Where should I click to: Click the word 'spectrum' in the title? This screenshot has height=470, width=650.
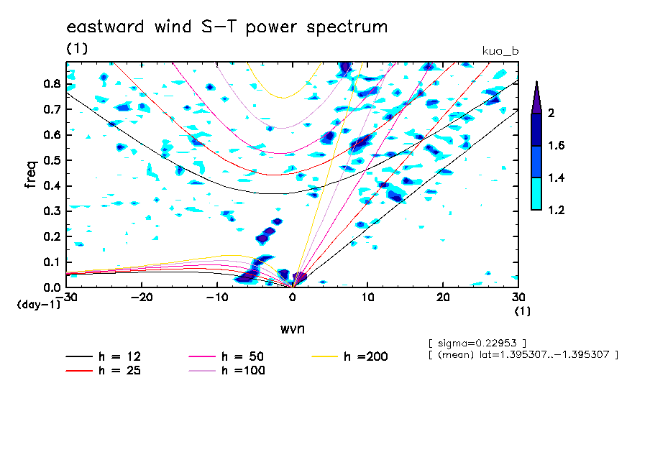coord(347,27)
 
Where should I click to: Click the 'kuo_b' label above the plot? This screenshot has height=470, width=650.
coord(500,51)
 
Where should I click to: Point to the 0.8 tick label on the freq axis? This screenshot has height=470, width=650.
coord(52,83)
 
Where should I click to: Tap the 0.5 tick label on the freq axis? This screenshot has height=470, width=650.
coord(52,160)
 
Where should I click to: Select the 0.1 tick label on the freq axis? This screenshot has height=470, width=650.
coord(52,262)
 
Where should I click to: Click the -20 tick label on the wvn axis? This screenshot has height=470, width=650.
coord(142,298)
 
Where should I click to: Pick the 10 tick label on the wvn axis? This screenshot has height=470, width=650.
coord(367,298)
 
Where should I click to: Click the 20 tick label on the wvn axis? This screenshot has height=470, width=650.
coord(443,298)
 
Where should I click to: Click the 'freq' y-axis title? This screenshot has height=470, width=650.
coord(31,175)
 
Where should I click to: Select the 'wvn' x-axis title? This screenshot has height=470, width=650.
coord(293,329)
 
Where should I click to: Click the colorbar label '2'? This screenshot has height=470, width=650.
coord(551,113)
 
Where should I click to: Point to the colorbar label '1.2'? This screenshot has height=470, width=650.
coord(556,210)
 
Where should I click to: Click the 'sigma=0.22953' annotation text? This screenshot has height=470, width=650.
coord(477,344)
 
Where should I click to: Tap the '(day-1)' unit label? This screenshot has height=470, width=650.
coord(38,305)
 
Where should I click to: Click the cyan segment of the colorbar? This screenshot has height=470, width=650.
coord(536,194)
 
